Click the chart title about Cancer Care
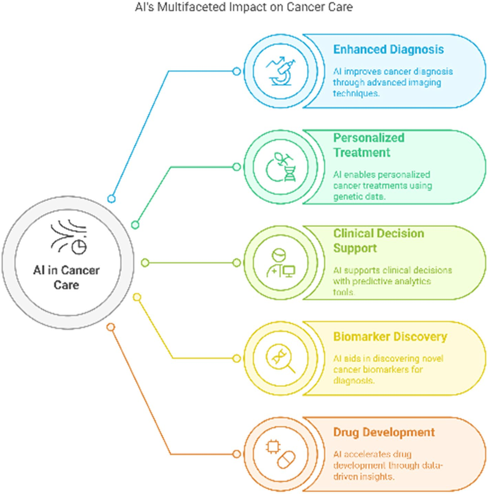pyautogui.click(x=244, y=7)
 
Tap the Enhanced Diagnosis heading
pyautogui.click(x=388, y=49)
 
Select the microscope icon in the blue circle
pyautogui.click(x=280, y=71)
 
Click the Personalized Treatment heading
pyautogui.click(x=368, y=145)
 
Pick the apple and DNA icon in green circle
pyautogui.click(x=280, y=167)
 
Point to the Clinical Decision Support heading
pyautogui.click(x=378, y=240)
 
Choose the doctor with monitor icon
pyautogui.click(x=280, y=263)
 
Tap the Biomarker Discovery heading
pyautogui.click(x=390, y=336)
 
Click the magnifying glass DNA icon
pyautogui.click(x=280, y=359)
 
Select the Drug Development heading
pyautogui.click(x=384, y=432)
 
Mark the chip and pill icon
pyautogui.click(x=280, y=454)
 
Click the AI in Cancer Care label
pyautogui.click(x=66, y=277)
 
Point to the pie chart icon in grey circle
pyautogui.click(x=78, y=246)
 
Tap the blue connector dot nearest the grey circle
pyautogui.click(x=111, y=199)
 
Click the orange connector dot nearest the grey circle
pyautogui.click(x=111, y=327)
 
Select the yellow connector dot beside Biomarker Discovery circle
pyautogui.click(x=236, y=359)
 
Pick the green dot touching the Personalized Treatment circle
pyautogui.click(x=236, y=167)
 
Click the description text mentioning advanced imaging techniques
pyautogui.click(x=392, y=82)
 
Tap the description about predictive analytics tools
pyautogui.click(x=392, y=281)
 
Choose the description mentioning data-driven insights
pyautogui.click(x=388, y=465)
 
